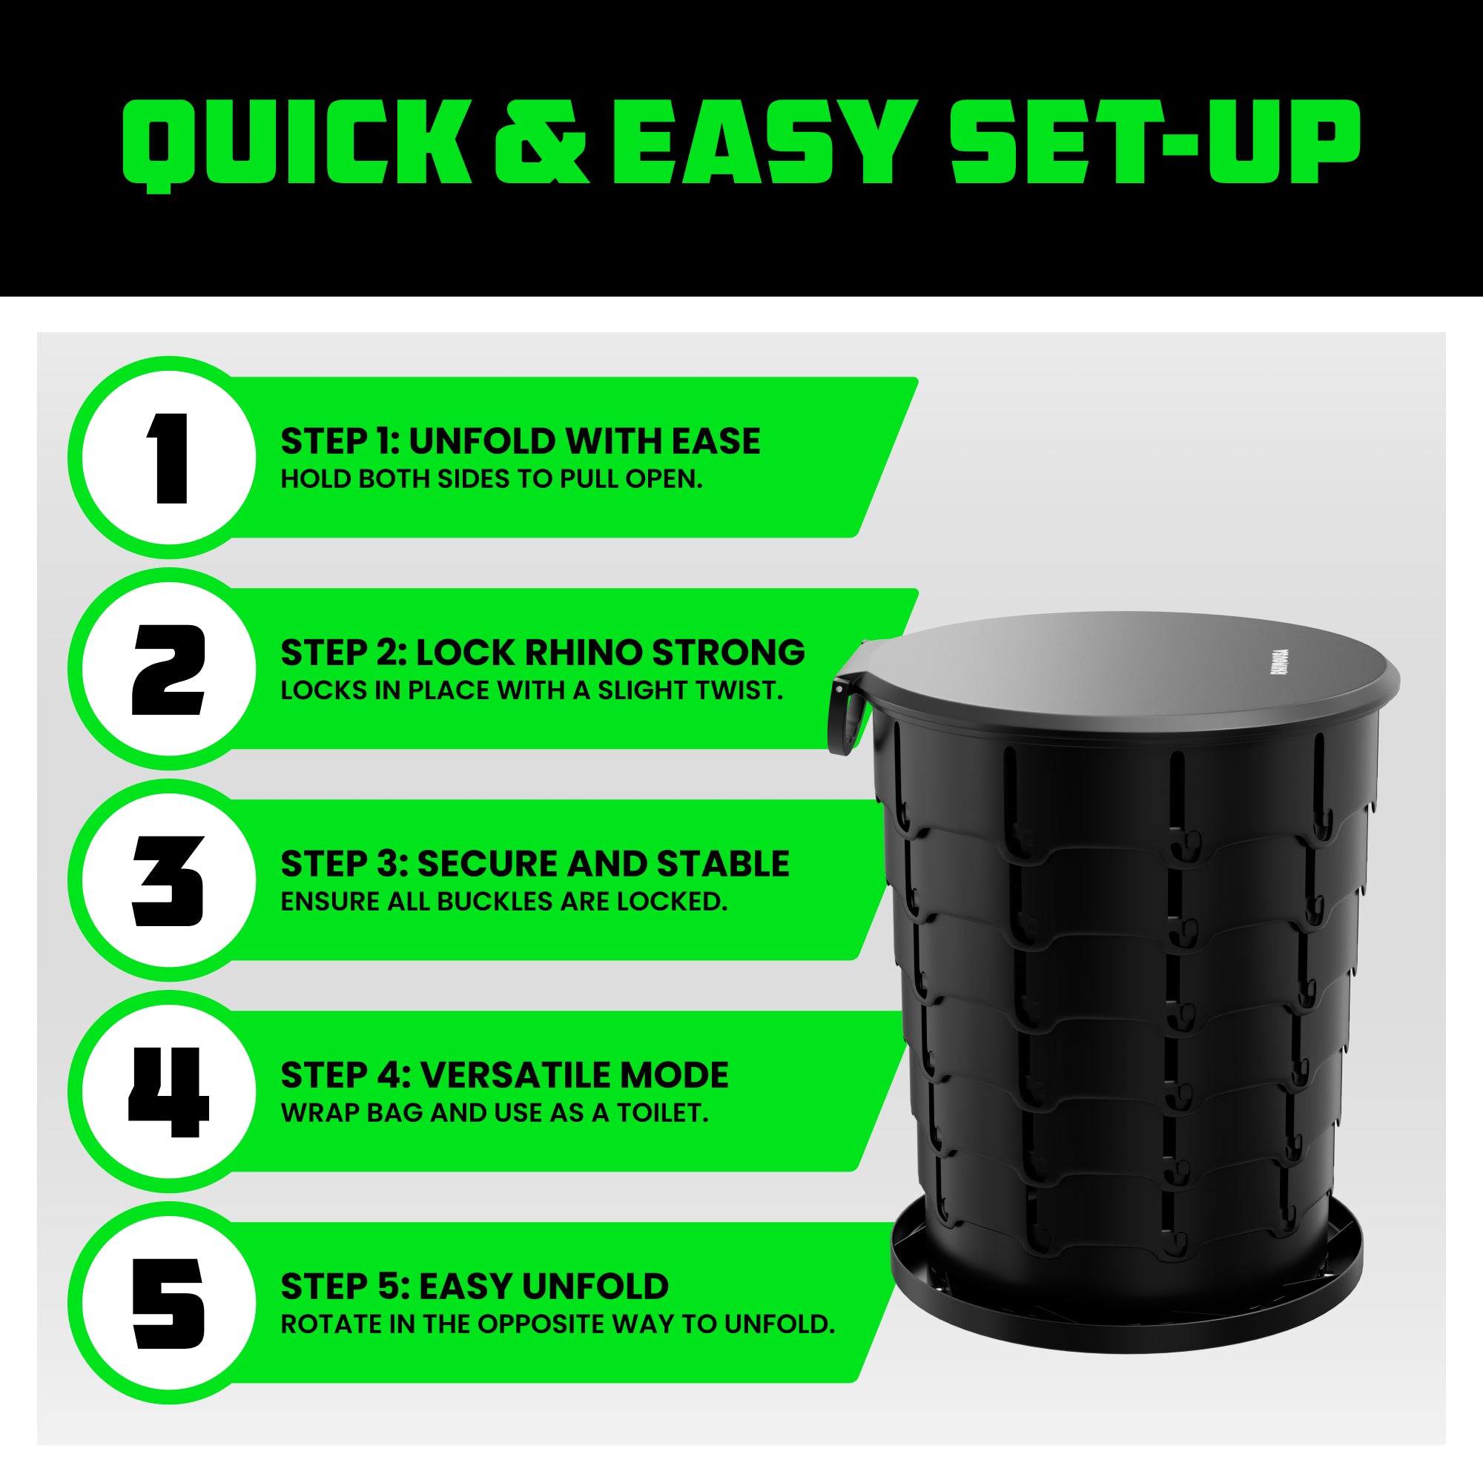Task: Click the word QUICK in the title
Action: point(297,145)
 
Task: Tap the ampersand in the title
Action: point(542,143)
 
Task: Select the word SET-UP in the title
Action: point(1155,143)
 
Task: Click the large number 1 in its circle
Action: point(169,458)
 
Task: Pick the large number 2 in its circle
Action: point(169,670)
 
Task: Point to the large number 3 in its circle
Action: point(169,881)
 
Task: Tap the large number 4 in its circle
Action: point(169,1092)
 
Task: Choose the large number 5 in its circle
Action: point(169,1304)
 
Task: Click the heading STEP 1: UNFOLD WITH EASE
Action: point(521,441)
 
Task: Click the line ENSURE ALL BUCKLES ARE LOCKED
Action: point(503,902)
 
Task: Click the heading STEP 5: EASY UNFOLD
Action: point(475,1287)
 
